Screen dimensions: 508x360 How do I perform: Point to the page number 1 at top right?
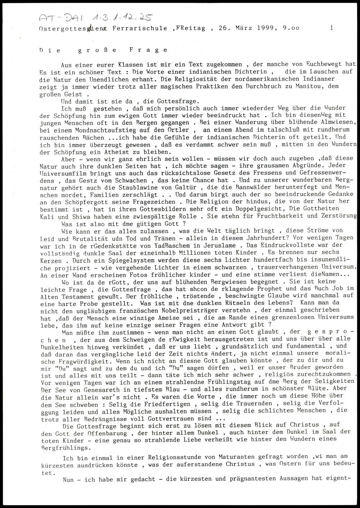(331, 27)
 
